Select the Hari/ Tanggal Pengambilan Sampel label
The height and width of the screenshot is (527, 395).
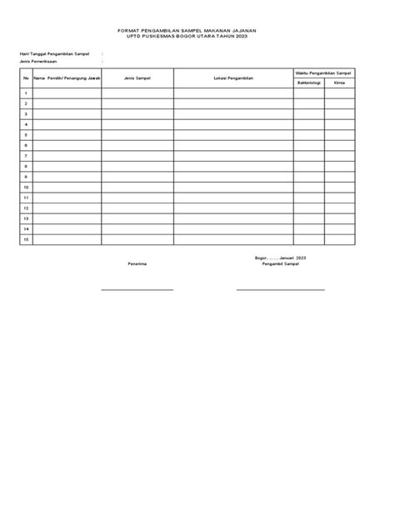coord(54,53)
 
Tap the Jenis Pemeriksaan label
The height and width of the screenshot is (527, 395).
coord(39,61)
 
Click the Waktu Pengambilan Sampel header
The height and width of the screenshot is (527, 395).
coord(324,73)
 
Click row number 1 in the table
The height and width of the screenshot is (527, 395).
coord(26,93)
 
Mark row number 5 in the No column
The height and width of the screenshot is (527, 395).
coord(26,134)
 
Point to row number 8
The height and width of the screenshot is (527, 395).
coord(26,166)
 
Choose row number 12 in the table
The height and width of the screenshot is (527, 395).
coord(26,208)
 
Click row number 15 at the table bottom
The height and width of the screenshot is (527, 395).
coord(26,238)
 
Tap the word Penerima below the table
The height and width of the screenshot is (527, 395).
coord(137,263)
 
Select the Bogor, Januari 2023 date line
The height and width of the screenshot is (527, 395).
coord(281,258)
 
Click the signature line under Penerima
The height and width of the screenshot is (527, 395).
coord(137,289)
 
